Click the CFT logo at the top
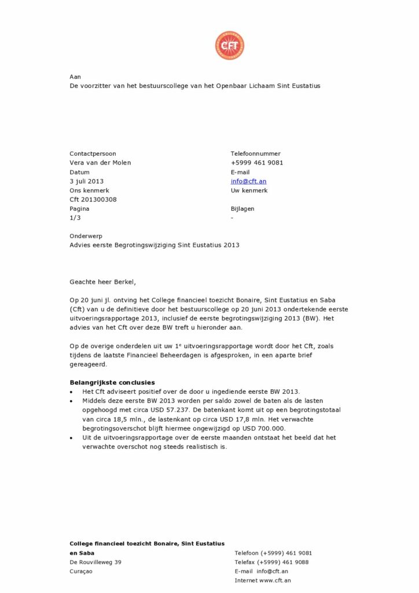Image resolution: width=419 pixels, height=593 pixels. tap(230, 46)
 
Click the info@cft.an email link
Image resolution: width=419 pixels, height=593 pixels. tap(248, 181)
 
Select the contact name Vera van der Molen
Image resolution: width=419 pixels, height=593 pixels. tap(100, 163)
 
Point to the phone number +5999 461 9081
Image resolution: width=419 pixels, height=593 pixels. tap(257, 163)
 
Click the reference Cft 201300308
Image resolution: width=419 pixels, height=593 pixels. tap(93, 200)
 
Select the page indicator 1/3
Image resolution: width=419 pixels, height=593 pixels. tap(75, 218)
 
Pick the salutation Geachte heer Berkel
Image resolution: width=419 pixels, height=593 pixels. tap(102, 282)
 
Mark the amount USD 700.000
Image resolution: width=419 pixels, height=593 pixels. tap(270, 429)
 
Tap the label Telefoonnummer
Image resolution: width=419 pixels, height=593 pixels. tap(255, 153)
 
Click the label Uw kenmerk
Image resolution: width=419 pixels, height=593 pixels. tap(249, 191)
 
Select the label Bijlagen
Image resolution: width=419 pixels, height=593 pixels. tap(242, 208)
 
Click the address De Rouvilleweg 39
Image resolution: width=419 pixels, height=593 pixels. tap(95, 562)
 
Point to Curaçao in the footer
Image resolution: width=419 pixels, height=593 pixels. tap(81, 572)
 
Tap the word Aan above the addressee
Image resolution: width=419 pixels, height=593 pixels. tap(75, 76)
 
